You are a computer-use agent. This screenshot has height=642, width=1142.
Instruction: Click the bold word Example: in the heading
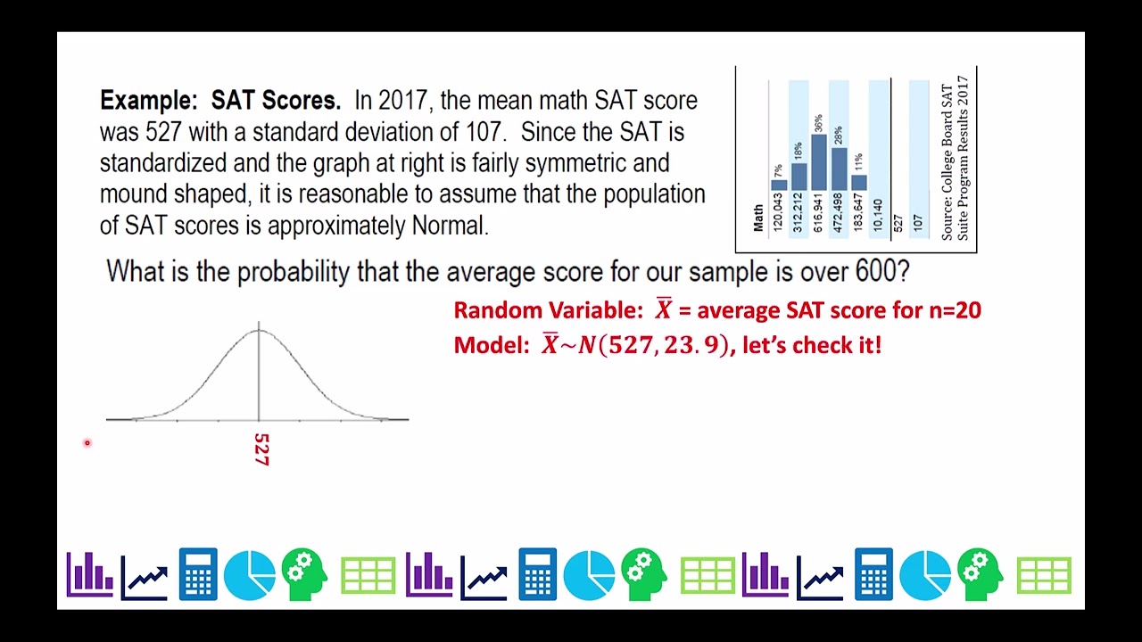pos(148,101)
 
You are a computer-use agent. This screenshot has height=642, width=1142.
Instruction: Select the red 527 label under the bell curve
pos(261,449)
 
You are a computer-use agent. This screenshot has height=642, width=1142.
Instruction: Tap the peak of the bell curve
pos(259,331)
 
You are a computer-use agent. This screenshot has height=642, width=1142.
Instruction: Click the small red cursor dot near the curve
pos(87,442)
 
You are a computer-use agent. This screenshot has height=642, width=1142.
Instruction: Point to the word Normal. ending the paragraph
pos(450,226)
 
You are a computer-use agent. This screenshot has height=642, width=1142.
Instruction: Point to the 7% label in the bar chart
pos(778,170)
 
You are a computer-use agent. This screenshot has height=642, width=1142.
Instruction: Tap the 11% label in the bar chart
pos(858,162)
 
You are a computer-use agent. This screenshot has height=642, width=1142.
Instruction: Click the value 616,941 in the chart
pos(818,211)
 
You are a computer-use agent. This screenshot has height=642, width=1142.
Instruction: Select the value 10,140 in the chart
pos(878,215)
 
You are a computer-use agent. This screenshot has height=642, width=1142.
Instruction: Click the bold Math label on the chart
pos(758,218)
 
